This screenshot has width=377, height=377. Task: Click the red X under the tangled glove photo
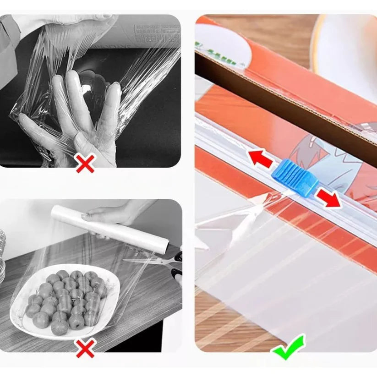[85, 164]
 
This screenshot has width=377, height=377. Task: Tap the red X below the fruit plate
[85, 349]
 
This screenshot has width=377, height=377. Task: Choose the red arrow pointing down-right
[329, 198]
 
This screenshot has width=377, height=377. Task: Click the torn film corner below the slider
[238, 220]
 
